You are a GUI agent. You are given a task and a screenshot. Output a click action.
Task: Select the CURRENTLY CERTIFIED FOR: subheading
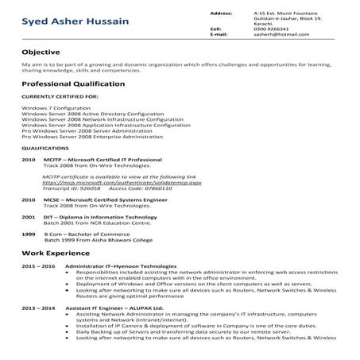[x=60, y=96]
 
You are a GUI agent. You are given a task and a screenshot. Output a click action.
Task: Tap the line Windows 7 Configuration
[x=54, y=107]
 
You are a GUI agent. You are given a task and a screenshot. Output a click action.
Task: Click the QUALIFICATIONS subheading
[x=45, y=148]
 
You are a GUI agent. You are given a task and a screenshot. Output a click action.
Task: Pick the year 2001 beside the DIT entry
[x=29, y=216]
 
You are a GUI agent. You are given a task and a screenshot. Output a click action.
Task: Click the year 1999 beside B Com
[x=29, y=234]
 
